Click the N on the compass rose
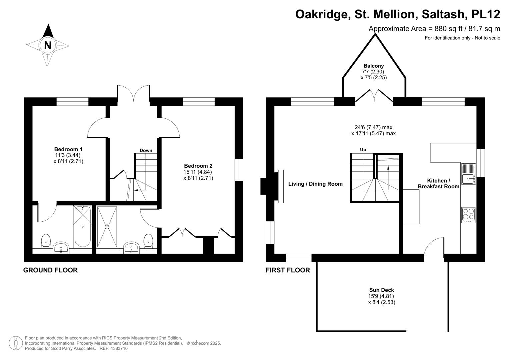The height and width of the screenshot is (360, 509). [x=48, y=45]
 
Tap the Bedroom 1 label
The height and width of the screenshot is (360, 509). [x=68, y=149]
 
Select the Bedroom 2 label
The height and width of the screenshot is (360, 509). [x=198, y=166]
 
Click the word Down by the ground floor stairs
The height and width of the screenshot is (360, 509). [x=146, y=150]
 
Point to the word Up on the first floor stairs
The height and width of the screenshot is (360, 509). [x=363, y=150]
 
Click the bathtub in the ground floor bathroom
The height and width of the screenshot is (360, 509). [x=82, y=227]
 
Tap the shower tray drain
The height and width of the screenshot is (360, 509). [x=107, y=227]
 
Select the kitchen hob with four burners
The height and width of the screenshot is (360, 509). [x=468, y=215]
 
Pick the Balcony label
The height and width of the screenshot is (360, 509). [x=373, y=66]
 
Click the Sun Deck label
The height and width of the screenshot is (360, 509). [x=381, y=290]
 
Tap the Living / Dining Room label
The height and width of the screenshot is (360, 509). [x=315, y=184]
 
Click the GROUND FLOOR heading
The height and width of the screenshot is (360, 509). [x=50, y=270]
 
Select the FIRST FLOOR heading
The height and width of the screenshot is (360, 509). [x=288, y=270]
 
